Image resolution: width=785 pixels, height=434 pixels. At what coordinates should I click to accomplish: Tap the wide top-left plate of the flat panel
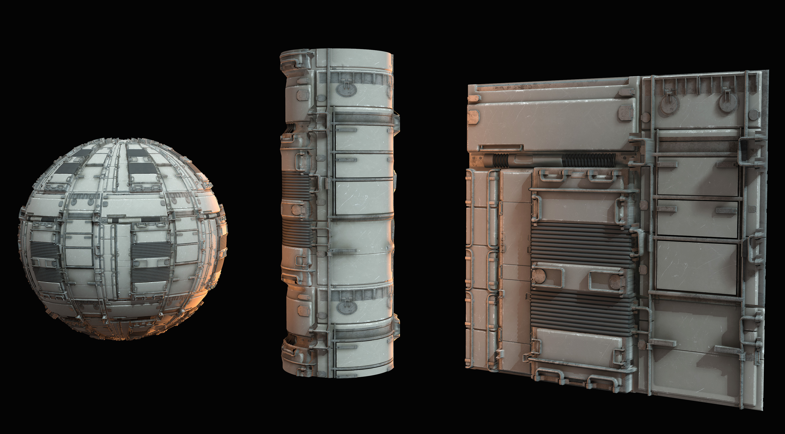(x=548, y=122)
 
